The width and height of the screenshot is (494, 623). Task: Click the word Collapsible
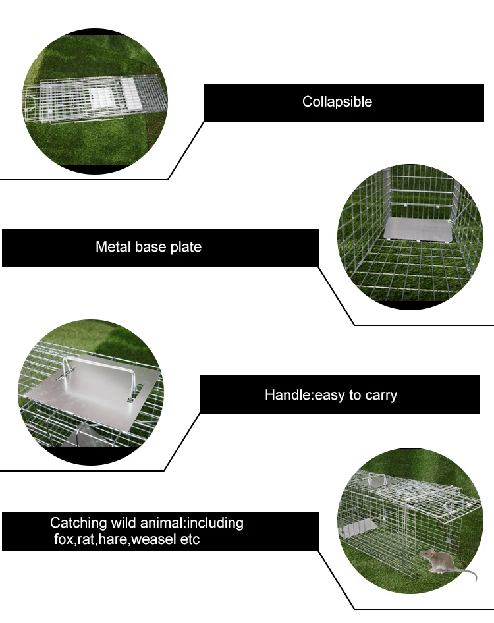coord(337,102)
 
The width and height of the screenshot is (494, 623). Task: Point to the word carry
coord(380,395)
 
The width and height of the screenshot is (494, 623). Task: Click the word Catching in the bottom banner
coord(78,524)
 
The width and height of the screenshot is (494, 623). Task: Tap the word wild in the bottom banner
coord(124,524)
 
